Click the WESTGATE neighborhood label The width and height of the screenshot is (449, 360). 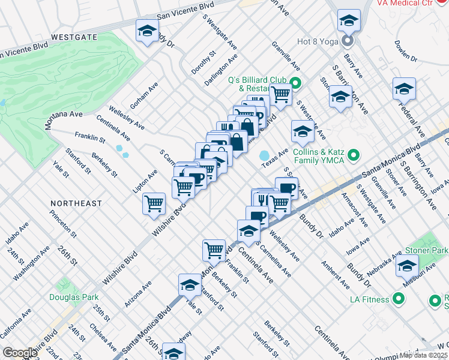(74, 37)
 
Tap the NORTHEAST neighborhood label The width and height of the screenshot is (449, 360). (76, 203)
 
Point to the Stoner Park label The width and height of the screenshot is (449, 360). (432, 250)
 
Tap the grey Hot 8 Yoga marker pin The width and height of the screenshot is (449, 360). (347, 41)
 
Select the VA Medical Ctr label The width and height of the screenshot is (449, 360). (413, 4)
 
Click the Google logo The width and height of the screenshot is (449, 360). (20, 353)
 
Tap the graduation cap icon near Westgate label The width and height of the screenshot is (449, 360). (146, 31)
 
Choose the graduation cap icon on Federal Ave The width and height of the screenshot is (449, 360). (404, 89)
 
